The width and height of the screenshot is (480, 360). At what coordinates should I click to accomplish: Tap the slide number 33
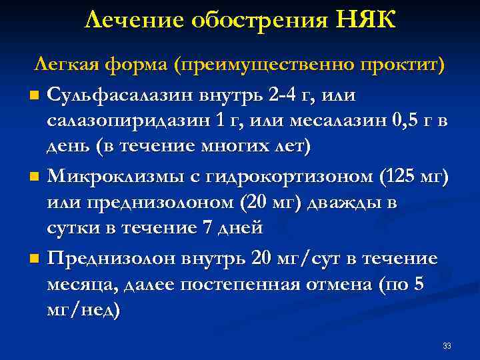tap(447, 345)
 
